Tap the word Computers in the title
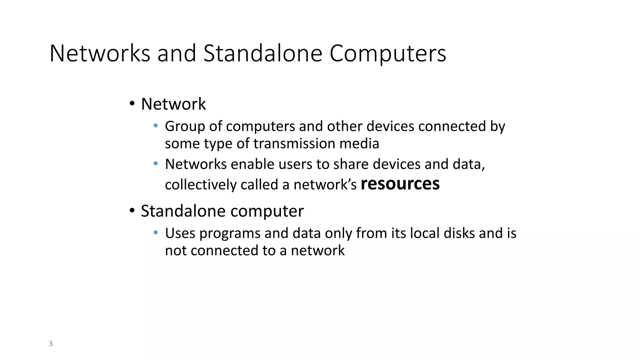point(387,54)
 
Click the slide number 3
point(51,344)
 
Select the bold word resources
point(400,184)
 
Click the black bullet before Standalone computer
point(132,210)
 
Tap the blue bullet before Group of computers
point(156,126)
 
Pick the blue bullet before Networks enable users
point(156,163)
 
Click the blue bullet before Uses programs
point(156,232)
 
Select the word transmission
point(294,144)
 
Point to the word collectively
point(201,185)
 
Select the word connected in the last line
point(224,251)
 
